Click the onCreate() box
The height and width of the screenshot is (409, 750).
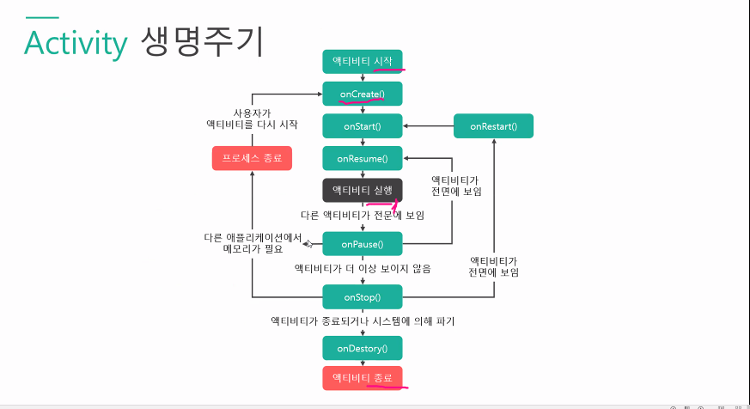(x=362, y=93)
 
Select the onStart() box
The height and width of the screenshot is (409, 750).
(x=362, y=125)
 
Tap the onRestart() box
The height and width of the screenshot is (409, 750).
(x=493, y=125)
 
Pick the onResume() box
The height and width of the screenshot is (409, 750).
(x=362, y=158)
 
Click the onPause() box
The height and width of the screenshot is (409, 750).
(x=362, y=244)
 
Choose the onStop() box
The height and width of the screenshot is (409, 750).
(x=362, y=297)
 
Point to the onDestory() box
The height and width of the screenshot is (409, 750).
(x=362, y=348)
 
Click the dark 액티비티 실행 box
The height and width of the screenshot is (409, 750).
(x=362, y=190)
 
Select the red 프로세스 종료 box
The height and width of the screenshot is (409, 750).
(x=252, y=158)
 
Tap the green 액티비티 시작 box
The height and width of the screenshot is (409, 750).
(x=362, y=61)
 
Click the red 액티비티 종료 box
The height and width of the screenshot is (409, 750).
(x=362, y=378)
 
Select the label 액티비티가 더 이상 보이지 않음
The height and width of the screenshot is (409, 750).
(x=362, y=269)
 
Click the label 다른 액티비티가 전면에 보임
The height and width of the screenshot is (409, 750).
(x=362, y=214)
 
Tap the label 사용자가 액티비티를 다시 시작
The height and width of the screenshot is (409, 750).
(x=252, y=119)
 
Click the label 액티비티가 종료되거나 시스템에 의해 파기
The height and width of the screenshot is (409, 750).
(x=362, y=321)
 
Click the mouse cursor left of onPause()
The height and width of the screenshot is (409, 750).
(x=308, y=247)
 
